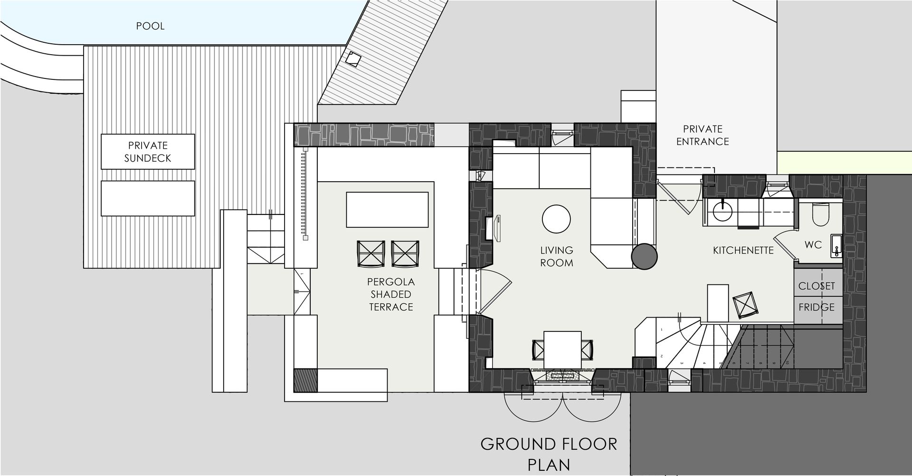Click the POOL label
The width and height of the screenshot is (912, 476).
pyautogui.click(x=150, y=26)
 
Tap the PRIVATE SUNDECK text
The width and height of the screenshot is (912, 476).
pyautogui.click(x=148, y=152)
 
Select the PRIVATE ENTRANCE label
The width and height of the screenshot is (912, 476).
pyautogui.click(x=703, y=135)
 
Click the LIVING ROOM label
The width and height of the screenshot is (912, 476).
pyautogui.click(x=557, y=256)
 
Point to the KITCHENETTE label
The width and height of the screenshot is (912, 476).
pyautogui.click(x=743, y=250)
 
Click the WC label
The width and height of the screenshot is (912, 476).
pyautogui.click(x=813, y=245)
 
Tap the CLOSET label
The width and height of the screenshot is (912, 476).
pyautogui.click(x=817, y=286)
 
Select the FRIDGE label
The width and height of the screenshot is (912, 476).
pyautogui.click(x=817, y=307)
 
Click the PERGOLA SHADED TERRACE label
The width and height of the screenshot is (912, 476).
pyautogui.click(x=391, y=294)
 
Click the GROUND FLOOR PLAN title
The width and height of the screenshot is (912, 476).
pyautogui.click(x=549, y=454)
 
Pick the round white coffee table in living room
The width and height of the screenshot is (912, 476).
pyautogui.click(x=556, y=219)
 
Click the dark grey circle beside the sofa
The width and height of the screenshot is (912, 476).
pyautogui.click(x=644, y=257)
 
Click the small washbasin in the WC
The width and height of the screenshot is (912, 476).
pyautogui.click(x=836, y=245)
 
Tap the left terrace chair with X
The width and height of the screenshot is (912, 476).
pyautogui.click(x=371, y=253)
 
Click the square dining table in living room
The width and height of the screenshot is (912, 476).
pyautogui.click(x=563, y=350)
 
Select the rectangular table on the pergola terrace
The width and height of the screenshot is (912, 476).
pyautogui.click(x=387, y=210)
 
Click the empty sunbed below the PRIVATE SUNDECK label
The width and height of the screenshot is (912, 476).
pyautogui.click(x=148, y=198)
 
